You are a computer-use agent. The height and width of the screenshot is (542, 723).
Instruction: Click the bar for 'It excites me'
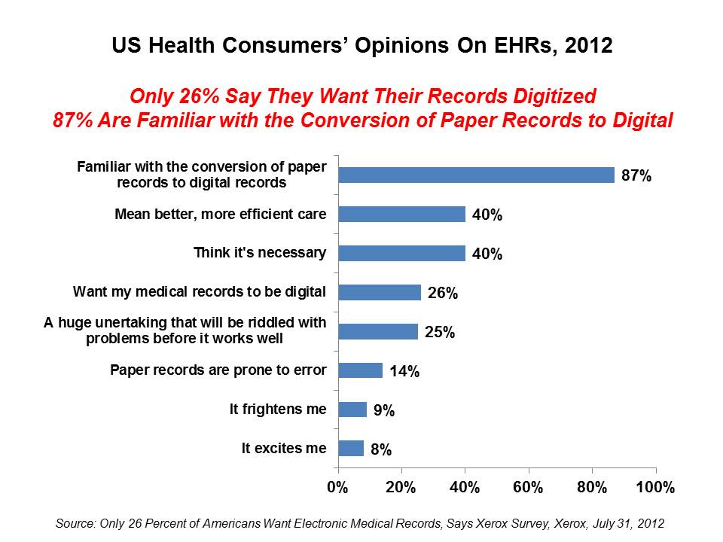point(351,449)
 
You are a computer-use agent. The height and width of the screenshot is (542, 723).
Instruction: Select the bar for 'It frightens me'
point(352,410)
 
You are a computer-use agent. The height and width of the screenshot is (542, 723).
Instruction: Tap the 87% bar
point(476,175)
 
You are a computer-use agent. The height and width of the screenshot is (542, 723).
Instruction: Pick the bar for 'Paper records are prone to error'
point(360,370)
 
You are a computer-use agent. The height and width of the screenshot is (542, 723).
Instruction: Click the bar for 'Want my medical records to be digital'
point(380,292)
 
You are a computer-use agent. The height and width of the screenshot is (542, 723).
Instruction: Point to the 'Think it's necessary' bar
point(401,253)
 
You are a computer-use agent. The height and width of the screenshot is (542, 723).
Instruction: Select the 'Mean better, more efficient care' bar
point(401,214)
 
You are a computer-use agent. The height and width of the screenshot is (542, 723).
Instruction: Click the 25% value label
point(440,333)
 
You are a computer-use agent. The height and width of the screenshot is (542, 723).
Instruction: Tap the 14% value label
point(404,372)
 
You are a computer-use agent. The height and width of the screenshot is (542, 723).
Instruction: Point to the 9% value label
point(385,411)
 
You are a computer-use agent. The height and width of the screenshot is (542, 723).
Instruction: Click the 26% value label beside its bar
point(443,294)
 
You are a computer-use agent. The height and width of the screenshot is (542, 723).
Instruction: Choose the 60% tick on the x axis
point(528,487)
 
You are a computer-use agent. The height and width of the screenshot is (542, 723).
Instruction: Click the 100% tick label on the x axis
point(655,487)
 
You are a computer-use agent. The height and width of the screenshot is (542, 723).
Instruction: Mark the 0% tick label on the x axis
point(337,487)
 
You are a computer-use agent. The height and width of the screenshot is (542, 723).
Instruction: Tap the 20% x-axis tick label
point(401,487)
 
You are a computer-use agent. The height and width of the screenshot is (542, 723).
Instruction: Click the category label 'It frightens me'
point(278,410)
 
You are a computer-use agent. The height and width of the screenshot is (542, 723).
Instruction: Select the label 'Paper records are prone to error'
point(218,370)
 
